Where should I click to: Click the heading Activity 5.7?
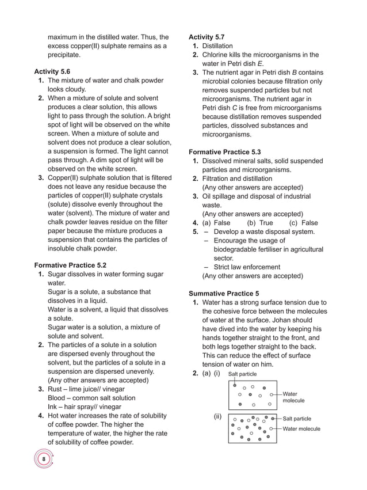(x=207, y=37)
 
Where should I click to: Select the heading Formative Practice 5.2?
(x=70, y=265)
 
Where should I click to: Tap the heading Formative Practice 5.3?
(x=225, y=152)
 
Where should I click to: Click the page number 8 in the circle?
(x=44, y=459)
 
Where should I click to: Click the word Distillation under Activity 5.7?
(x=217, y=46)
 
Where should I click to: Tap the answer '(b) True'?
(x=260, y=223)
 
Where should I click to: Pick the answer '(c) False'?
(x=303, y=223)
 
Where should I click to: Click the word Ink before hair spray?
(x=53, y=407)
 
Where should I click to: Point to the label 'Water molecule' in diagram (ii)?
(x=301, y=429)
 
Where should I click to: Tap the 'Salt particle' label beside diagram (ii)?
(x=297, y=419)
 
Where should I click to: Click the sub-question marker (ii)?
(x=218, y=416)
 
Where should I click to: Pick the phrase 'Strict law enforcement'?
(x=247, y=267)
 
